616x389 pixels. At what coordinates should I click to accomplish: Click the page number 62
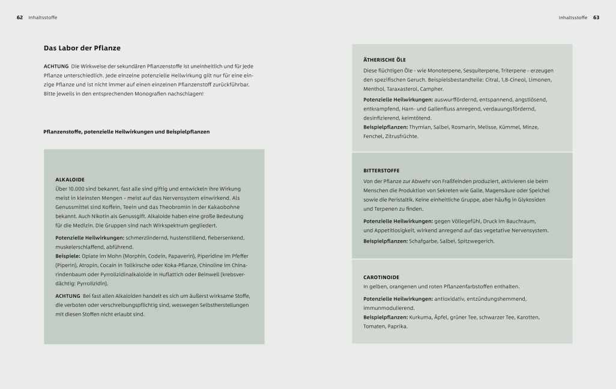[x=20, y=17]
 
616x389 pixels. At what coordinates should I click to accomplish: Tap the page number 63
[x=596, y=17]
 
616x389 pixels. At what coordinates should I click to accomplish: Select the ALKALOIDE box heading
[x=70, y=179]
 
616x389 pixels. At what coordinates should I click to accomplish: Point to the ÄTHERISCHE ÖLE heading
[x=384, y=60]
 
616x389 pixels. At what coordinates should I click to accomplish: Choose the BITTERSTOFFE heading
[x=381, y=171]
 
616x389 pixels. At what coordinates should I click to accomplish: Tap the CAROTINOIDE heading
[x=381, y=277]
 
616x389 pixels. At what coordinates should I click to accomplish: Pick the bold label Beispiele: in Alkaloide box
[x=67, y=256]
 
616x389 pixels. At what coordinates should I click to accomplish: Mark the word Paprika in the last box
[x=397, y=326]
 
